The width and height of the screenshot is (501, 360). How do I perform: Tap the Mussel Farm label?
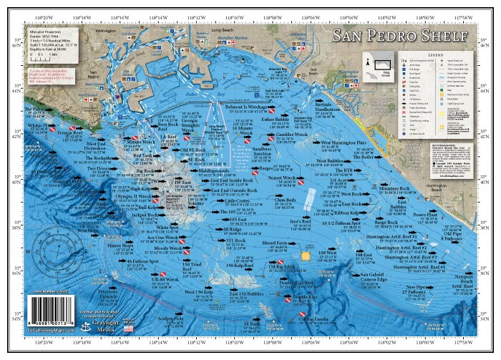click(x=278, y=243)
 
